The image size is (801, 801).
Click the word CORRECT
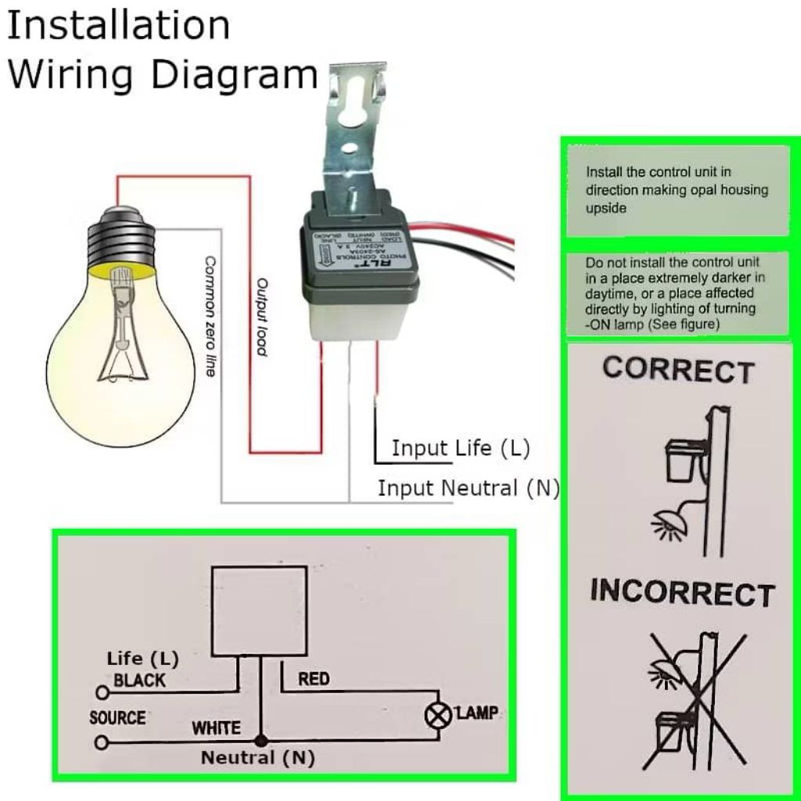[x=677, y=370]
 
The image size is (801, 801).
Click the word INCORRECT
[x=682, y=593]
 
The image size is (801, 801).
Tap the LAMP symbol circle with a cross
[x=440, y=715]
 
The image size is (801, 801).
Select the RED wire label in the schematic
[x=314, y=679]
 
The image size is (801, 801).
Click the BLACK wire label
[x=140, y=680]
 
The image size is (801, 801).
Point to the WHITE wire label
[x=217, y=727]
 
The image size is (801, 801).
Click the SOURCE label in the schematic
[x=117, y=717]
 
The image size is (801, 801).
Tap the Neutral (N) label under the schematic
[x=257, y=757]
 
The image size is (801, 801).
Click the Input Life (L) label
[x=461, y=448]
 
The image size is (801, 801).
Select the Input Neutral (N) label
[x=469, y=488]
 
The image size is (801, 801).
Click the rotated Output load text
[x=262, y=317]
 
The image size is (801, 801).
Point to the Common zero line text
[x=210, y=315]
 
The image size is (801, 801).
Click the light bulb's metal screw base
[x=120, y=239]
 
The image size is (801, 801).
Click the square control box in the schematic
[x=259, y=610]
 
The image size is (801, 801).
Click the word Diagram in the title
[x=233, y=74]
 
